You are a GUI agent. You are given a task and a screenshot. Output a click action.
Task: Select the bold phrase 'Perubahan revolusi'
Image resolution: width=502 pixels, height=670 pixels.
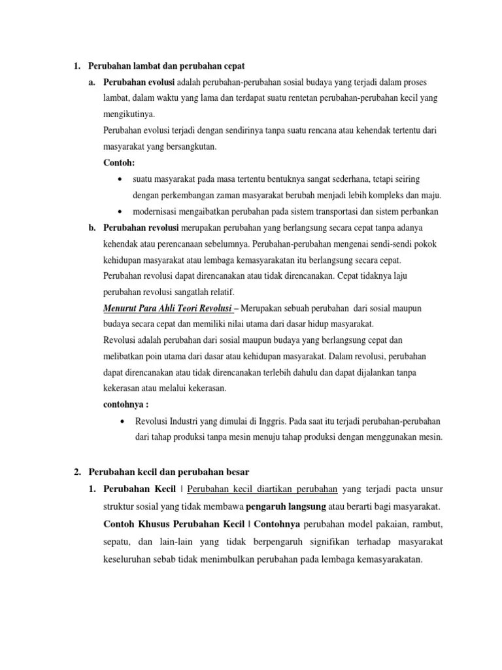[x=137, y=227]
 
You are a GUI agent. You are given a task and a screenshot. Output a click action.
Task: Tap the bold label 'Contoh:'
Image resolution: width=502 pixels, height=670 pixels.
[x=118, y=162]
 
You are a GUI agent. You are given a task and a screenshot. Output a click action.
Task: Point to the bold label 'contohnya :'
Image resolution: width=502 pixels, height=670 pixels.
[x=126, y=404]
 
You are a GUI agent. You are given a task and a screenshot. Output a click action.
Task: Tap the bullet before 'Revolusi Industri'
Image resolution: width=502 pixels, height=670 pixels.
[x=124, y=421]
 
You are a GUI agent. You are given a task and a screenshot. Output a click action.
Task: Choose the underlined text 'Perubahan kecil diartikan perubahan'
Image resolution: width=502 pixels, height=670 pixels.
[x=261, y=489]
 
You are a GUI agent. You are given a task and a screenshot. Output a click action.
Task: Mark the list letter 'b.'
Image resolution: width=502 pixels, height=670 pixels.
[x=92, y=227]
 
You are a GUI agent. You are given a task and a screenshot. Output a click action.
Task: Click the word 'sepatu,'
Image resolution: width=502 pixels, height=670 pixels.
[x=118, y=542]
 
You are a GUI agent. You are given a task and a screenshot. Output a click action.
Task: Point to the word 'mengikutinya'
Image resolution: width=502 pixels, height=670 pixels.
[x=129, y=114]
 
